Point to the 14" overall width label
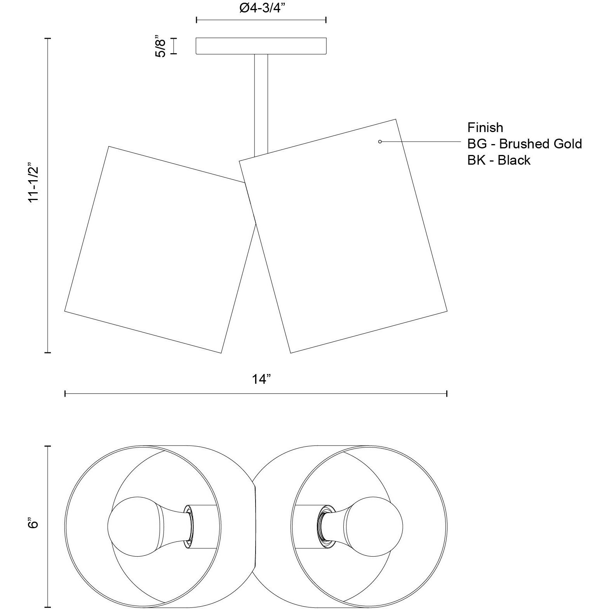click(261, 379)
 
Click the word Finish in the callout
click(485, 127)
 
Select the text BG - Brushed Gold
click(525, 144)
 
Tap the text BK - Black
click(499, 160)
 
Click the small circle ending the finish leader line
click(380, 142)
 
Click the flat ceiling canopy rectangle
click(261, 46)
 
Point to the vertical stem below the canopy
click(261, 105)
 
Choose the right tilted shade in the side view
click(343, 236)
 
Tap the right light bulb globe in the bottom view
click(374, 527)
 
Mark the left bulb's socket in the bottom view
click(188, 527)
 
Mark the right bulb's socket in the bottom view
click(323, 527)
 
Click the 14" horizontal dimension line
click(256, 394)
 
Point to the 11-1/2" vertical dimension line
click(48, 195)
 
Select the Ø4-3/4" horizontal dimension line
click(261, 20)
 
